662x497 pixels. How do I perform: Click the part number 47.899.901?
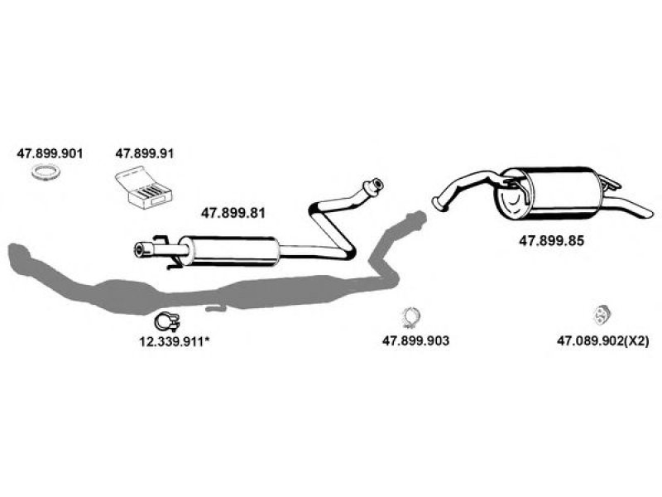pyautogui.click(x=50, y=153)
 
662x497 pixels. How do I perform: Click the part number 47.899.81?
pyautogui.click(x=233, y=212)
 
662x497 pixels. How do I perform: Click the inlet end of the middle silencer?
pyautogui.click(x=141, y=248)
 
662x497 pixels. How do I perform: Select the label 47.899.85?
pyautogui.click(x=550, y=241)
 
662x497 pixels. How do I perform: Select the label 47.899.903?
pyautogui.click(x=415, y=340)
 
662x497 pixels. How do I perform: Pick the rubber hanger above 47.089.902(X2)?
pyautogui.click(x=600, y=315)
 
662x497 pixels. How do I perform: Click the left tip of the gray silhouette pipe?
pyautogui.click(x=10, y=253)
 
